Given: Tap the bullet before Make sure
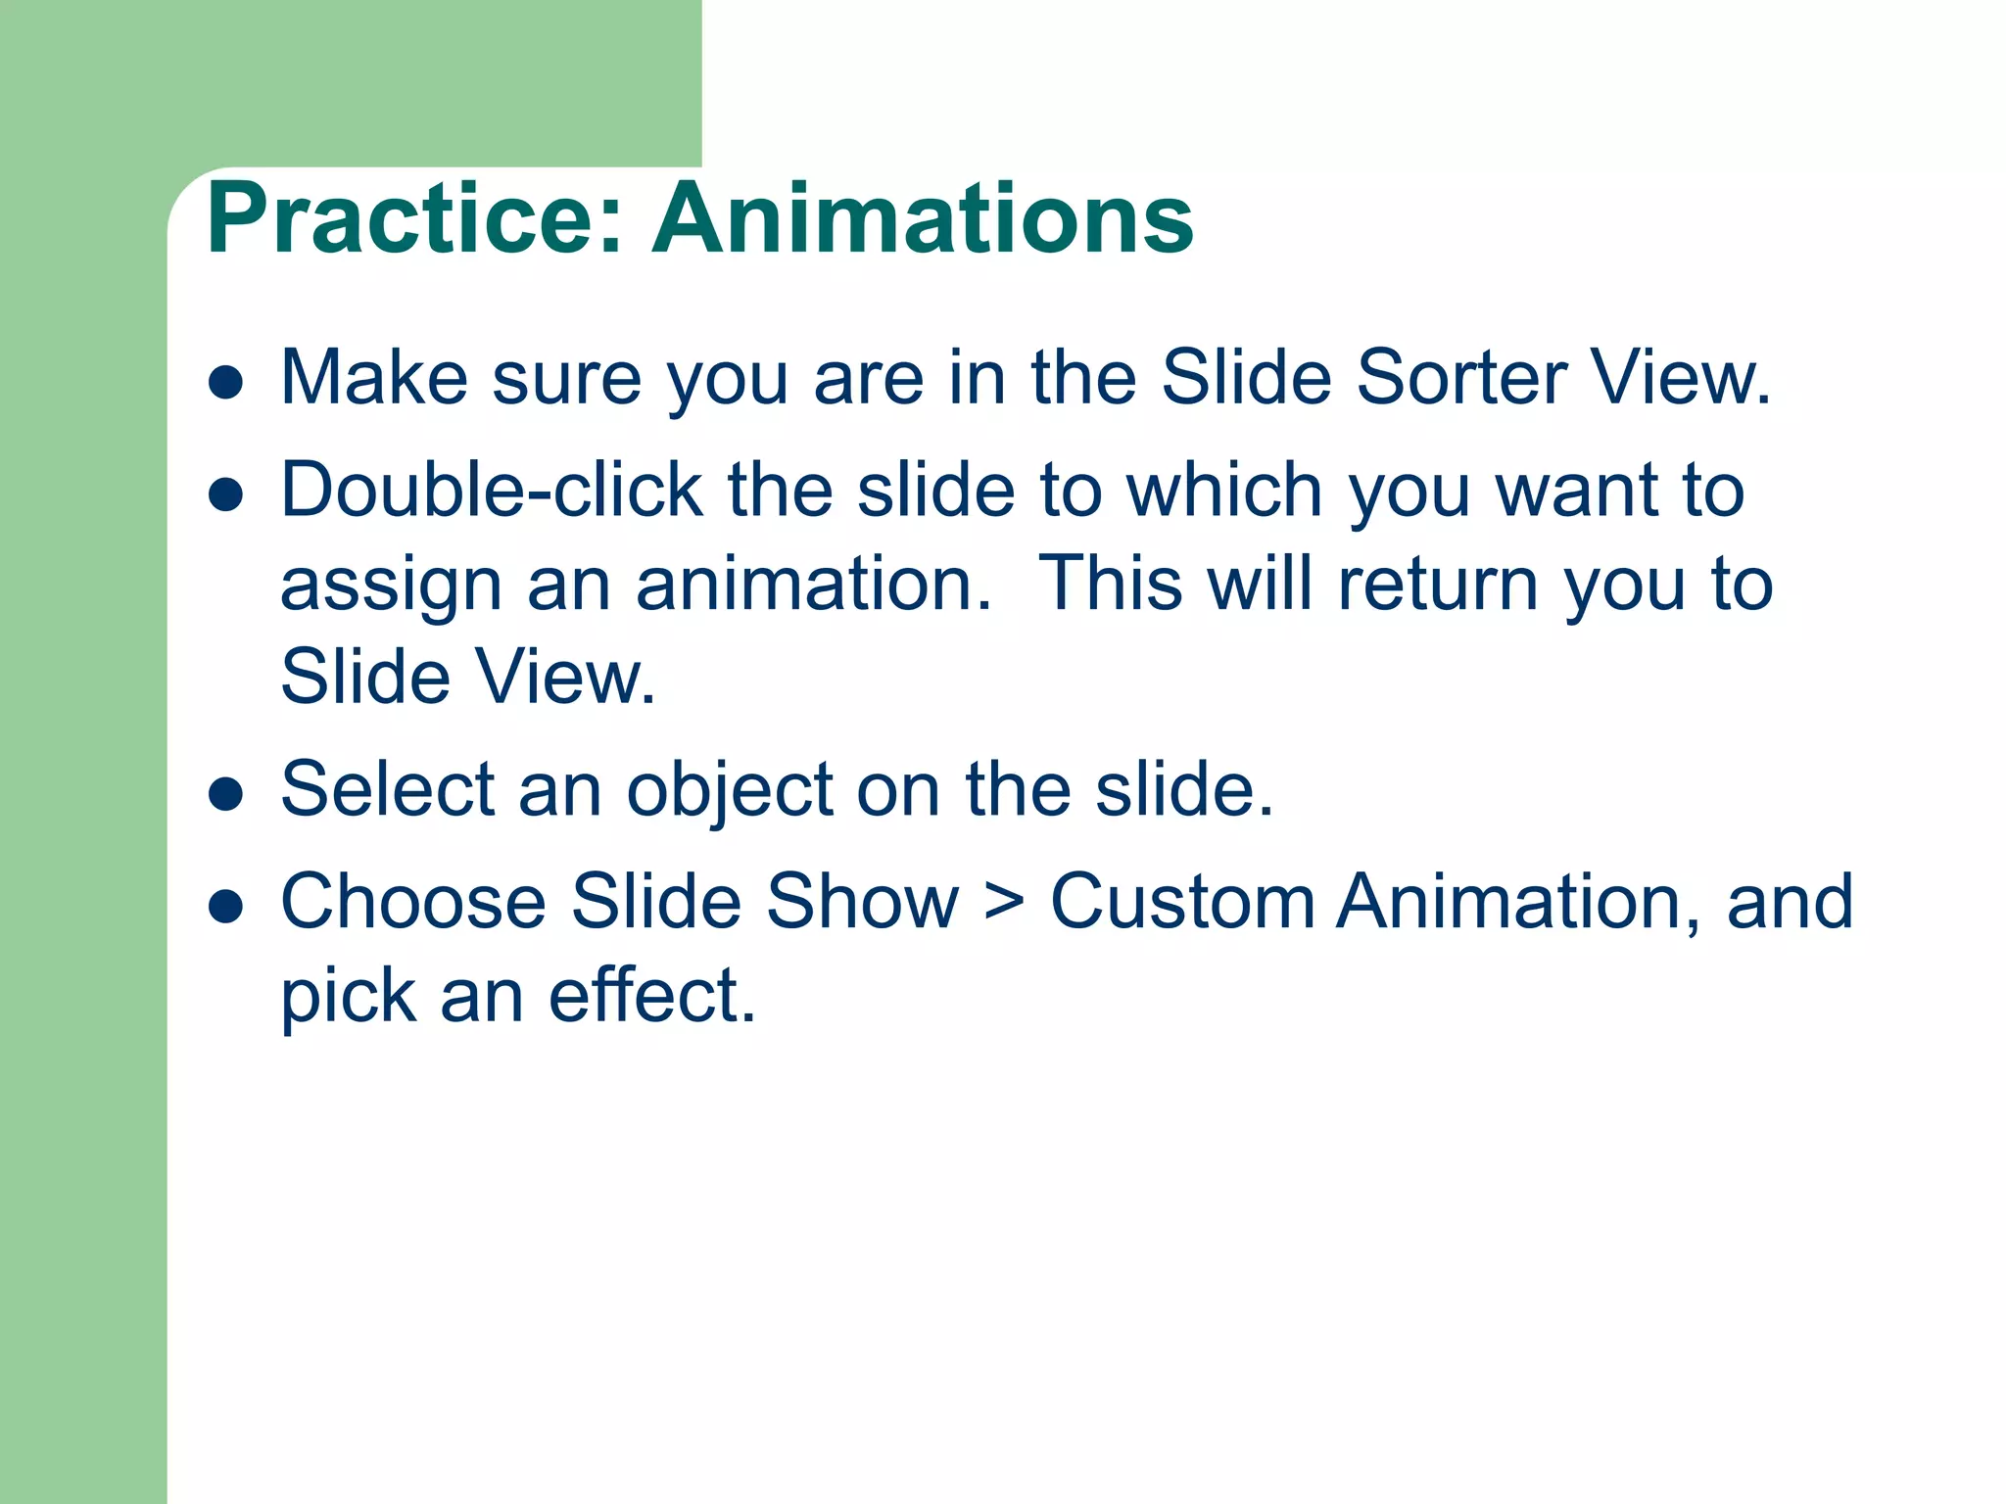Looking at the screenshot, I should coord(226,383).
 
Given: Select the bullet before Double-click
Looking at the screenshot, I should coord(226,494).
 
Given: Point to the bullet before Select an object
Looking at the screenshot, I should coord(226,794).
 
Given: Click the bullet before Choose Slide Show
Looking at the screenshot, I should coord(226,907).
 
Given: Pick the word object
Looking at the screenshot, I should coord(730,791).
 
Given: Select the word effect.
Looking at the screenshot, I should coord(652,996).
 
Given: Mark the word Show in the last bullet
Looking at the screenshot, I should coord(862,902).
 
